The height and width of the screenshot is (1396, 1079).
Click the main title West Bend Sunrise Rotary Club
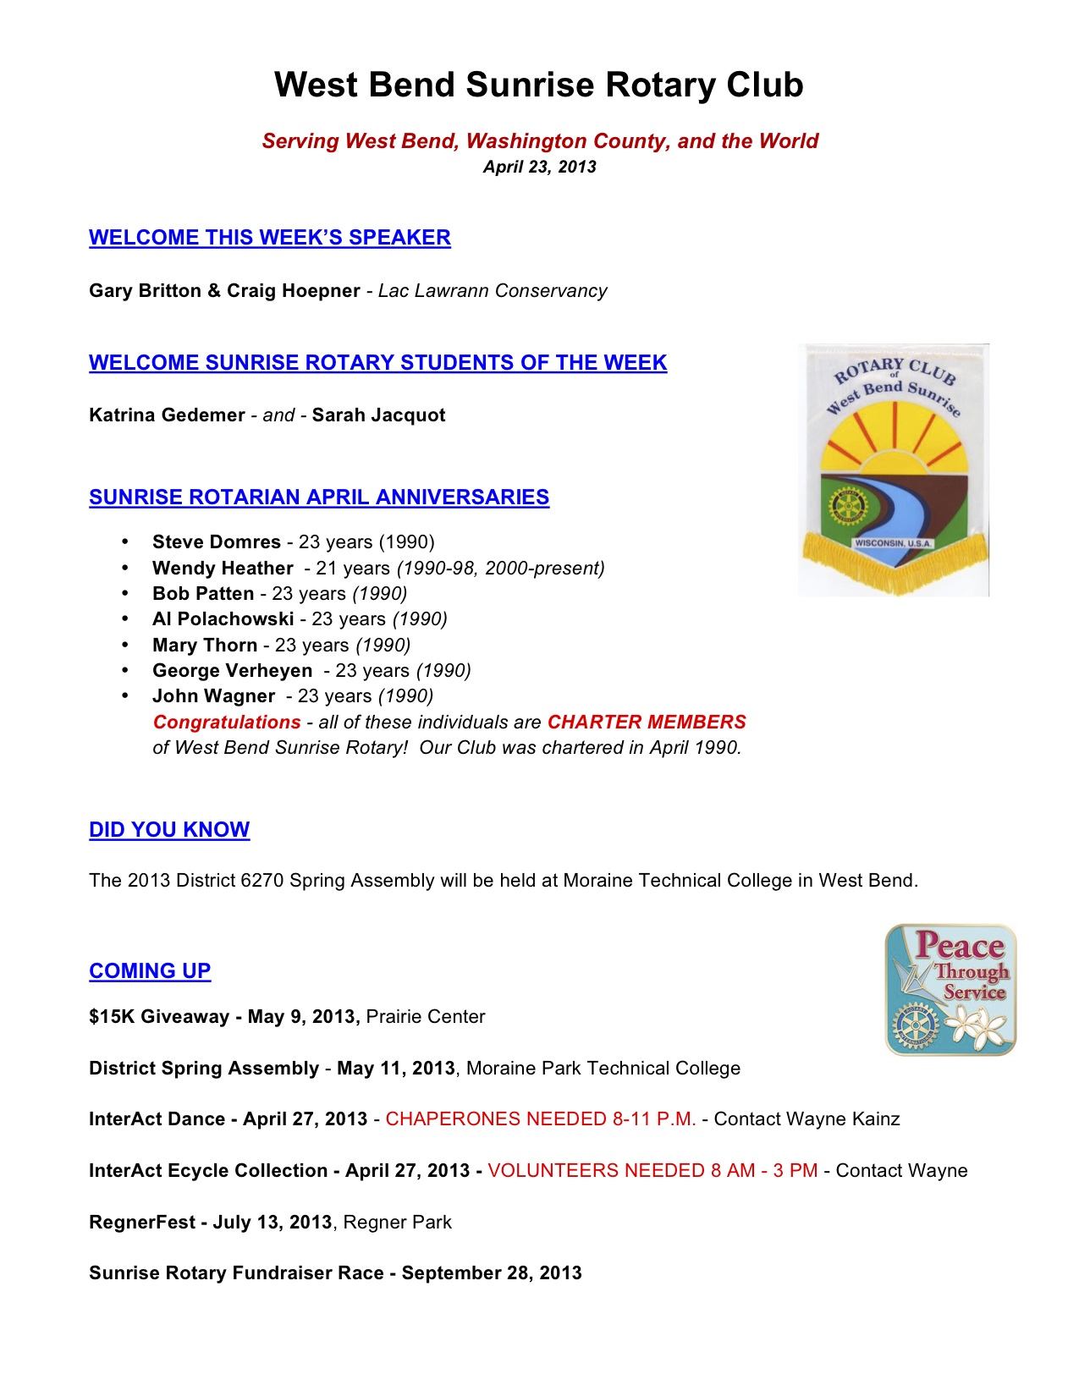coord(538,85)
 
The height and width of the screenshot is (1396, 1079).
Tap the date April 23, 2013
coord(539,167)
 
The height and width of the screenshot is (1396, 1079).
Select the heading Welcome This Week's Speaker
coord(269,238)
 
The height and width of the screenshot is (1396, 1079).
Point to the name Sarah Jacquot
coord(378,415)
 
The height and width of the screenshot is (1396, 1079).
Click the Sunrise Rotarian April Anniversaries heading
coord(319,497)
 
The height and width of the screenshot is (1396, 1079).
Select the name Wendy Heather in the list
coord(223,569)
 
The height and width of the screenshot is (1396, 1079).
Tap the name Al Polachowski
coord(223,619)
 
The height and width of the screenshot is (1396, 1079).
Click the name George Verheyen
coord(232,671)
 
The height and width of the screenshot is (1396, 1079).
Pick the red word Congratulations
coord(227,723)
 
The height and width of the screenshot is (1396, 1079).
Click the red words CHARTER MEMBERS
coord(647,723)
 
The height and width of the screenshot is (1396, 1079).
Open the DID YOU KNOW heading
coord(169,830)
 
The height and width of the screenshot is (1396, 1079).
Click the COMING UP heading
coord(150,971)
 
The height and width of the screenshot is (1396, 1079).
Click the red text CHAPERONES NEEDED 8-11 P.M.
coord(541,1119)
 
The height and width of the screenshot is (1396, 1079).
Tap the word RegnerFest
coord(141,1223)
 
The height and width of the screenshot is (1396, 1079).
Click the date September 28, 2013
coord(492,1273)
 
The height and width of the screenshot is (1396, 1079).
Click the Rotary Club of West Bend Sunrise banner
coord(894,470)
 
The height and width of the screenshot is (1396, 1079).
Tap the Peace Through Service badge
coord(950,990)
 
